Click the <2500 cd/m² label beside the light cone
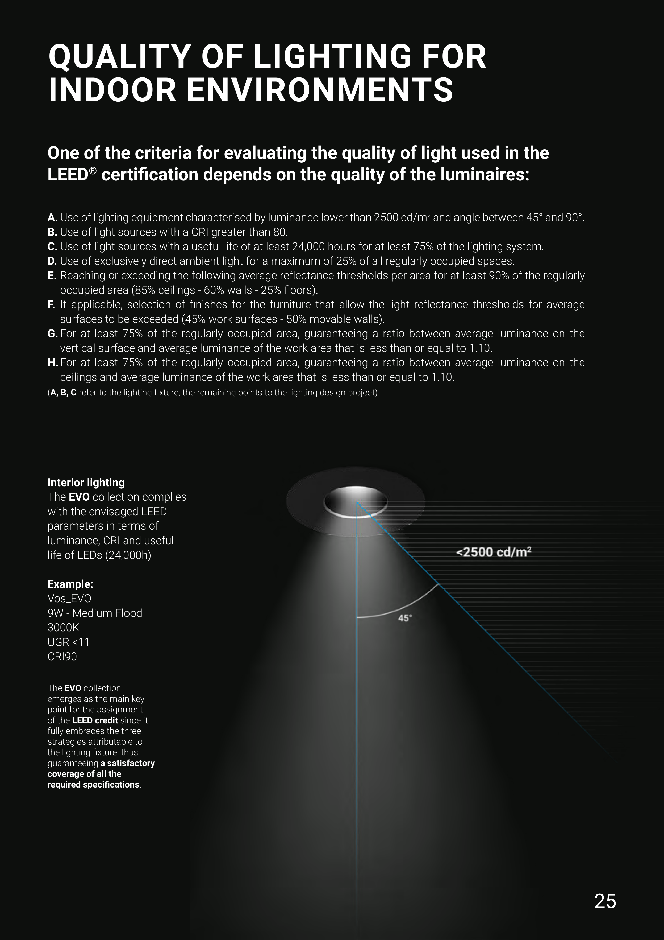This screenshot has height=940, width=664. (493, 552)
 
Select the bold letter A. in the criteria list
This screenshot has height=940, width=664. (52, 217)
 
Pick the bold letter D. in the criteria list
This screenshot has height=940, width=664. (52, 261)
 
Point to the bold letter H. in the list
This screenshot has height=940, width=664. (52, 363)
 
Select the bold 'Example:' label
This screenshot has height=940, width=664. (70, 584)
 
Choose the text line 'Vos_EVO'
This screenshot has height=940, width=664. (69, 599)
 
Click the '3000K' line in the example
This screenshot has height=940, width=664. (63, 628)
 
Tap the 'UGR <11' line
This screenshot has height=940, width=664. (68, 642)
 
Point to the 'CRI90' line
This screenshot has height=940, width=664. (62, 657)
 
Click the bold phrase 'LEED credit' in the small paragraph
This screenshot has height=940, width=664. (94, 720)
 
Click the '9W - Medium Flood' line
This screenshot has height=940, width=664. (95, 613)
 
